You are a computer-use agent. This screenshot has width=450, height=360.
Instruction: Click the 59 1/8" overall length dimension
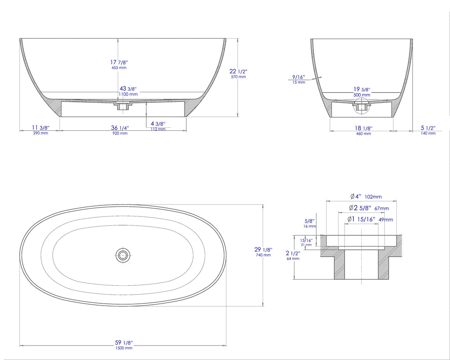pos(123,344)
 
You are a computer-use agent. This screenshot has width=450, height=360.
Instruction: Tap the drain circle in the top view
pos(123,255)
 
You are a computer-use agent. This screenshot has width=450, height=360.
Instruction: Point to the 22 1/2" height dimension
pos(238,73)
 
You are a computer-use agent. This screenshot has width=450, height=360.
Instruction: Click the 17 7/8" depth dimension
pos(119,64)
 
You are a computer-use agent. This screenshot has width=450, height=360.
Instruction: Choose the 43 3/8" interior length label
pos(127,91)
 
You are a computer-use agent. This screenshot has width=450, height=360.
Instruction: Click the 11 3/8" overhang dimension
pos(40,130)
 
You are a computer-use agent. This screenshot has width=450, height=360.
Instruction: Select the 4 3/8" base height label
pos(158,126)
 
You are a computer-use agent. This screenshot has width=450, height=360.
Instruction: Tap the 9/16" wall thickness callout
pos(298,79)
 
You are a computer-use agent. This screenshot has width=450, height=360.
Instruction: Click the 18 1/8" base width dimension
pos(363,130)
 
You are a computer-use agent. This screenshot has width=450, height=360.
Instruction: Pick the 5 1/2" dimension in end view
pos(428,130)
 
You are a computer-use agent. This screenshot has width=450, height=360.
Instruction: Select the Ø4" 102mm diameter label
pos(366,197)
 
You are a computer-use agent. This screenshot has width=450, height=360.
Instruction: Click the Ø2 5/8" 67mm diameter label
pos(369,208)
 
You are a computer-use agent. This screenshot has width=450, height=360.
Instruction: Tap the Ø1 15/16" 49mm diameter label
pos(370,220)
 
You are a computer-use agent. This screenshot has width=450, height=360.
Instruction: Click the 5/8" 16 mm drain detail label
pos(309,223)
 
